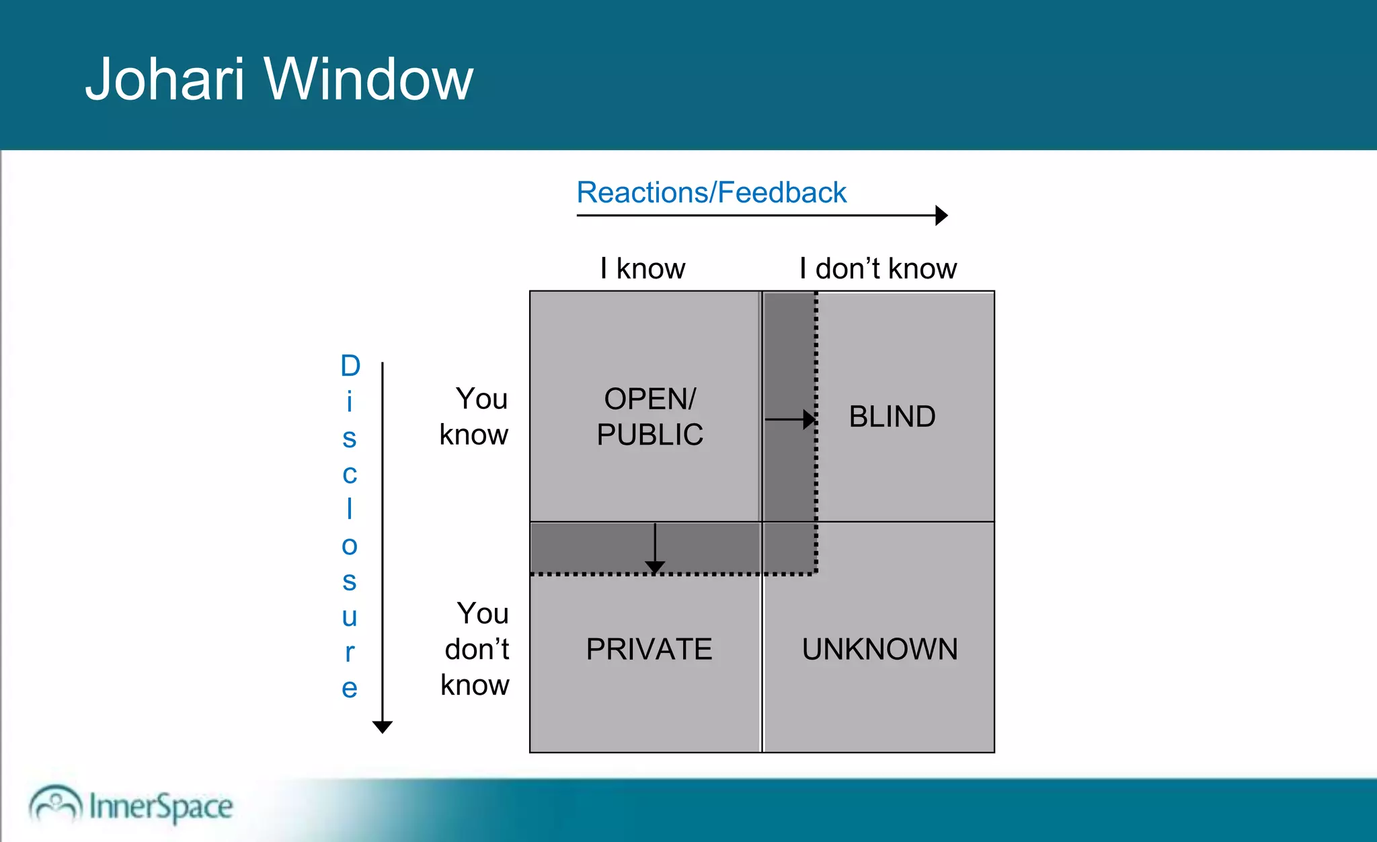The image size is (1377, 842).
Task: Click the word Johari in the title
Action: [x=164, y=79]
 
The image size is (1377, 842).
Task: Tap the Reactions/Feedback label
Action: [x=711, y=192]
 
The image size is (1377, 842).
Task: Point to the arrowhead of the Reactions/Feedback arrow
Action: [x=941, y=215]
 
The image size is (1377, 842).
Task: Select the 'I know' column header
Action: [x=643, y=268]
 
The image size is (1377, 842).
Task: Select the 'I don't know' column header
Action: [x=878, y=268]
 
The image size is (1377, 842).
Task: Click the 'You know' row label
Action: [x=475, y=416]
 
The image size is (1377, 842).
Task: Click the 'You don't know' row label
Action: [x=476, y=649]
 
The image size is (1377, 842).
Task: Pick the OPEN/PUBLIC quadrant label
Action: [x=650, y=416]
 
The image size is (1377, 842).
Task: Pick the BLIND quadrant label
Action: [x=892, y=416]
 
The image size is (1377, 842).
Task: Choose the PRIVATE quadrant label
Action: [x=649, y=649]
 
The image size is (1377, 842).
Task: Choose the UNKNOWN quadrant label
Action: [x=879, y=649]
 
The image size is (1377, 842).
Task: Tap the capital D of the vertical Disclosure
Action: [x=350, y=366]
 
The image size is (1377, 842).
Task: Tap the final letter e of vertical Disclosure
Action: [x=349, y=688]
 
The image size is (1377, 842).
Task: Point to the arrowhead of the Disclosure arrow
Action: [x=382, y=727]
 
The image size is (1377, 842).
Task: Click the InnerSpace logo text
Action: [x=161, y=806]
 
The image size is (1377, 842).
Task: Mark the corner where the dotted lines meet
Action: [x=816, y=574]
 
